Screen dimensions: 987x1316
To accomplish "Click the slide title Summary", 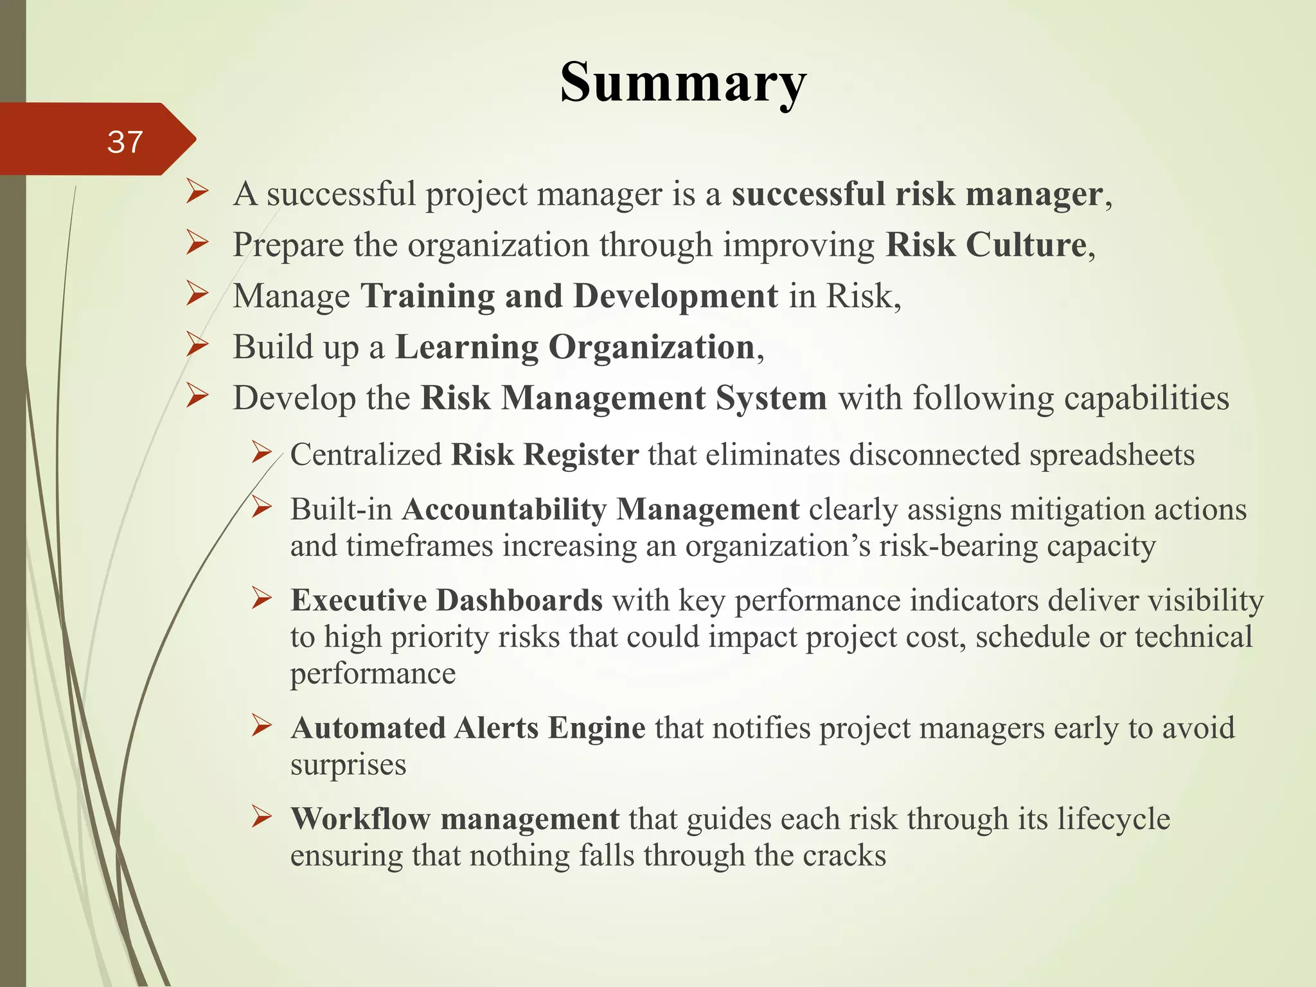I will pos(683,82).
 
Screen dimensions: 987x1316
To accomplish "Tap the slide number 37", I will pos(125,141).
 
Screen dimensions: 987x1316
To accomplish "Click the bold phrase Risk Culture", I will pos(986,245).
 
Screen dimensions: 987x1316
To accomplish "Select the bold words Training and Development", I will pos(569,296).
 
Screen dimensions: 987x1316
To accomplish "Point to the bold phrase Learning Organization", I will pos(575,348).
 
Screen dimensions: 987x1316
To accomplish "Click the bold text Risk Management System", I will pos(623,398).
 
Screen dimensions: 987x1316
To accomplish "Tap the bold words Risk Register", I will pos(545,455).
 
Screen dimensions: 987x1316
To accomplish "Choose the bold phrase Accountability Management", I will pos(601,510).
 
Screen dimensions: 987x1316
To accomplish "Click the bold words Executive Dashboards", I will pos(447,600).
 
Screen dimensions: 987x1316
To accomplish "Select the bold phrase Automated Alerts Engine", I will pos(468,728).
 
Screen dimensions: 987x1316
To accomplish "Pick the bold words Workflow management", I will pos(455,819).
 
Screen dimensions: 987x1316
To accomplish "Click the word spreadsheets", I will pos(1112,455).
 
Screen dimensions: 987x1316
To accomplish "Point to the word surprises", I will pos(348,765).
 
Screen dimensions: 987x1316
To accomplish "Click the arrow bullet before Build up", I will pos(198,346).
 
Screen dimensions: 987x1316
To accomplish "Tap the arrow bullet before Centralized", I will pos(262,453).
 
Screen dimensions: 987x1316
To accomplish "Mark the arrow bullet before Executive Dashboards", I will pos(262,599).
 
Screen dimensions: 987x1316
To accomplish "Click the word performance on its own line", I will pos(373,673).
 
